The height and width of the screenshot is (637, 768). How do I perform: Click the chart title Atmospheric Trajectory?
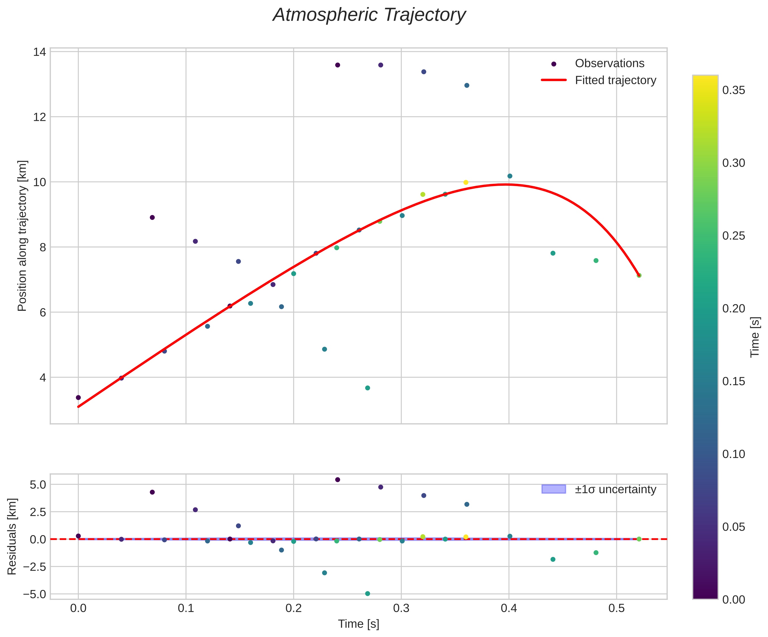tap(369, 15)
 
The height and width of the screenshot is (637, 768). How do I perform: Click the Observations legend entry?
tap(609, 63)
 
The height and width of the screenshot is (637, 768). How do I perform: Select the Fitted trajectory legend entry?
tap(615, 80)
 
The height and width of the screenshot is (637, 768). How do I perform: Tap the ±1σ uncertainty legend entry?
tap(615, 489)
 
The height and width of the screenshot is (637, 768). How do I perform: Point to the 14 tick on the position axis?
tap(39, 52)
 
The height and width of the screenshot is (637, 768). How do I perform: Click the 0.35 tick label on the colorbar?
tap(734, 90)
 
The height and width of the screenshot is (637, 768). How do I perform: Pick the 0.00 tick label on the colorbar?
tap(734, 599)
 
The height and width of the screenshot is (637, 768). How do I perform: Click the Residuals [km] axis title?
tap(12, 536)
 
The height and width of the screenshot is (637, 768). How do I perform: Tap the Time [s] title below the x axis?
tap(358, 624)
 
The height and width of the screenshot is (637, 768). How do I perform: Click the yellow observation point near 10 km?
tap(466, 182)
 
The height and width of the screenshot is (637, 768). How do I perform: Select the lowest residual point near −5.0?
tap(368, 593)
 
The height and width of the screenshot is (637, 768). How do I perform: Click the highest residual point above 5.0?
tap(337, 479)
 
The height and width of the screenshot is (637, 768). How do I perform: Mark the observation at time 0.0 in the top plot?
tap(78, 397)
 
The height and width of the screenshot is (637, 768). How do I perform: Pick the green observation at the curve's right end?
tap(639, 275)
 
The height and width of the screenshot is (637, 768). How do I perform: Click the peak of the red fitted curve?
tap(507, 184)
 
